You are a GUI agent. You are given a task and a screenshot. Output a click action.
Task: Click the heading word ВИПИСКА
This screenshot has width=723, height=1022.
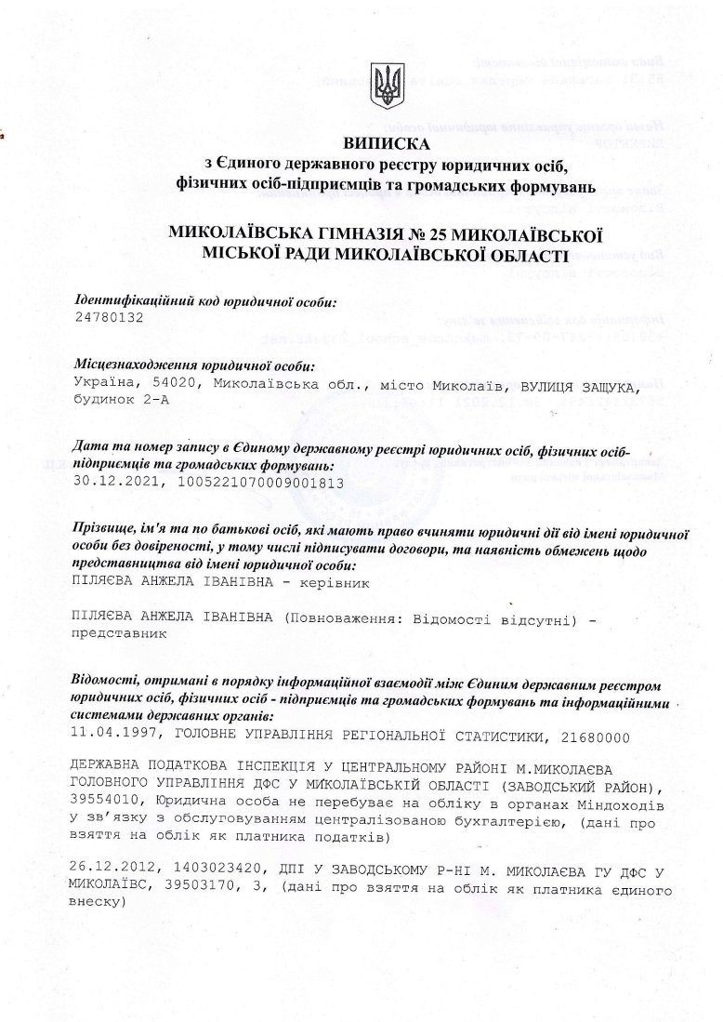[387, 144]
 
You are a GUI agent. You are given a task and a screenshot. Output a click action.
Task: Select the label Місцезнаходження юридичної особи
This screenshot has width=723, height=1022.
[193, 366]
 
